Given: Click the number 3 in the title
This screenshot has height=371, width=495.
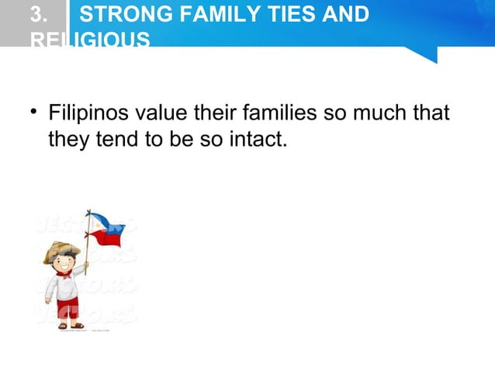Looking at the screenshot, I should [38, 15].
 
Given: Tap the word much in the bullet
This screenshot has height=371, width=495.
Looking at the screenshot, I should [380, 114].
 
